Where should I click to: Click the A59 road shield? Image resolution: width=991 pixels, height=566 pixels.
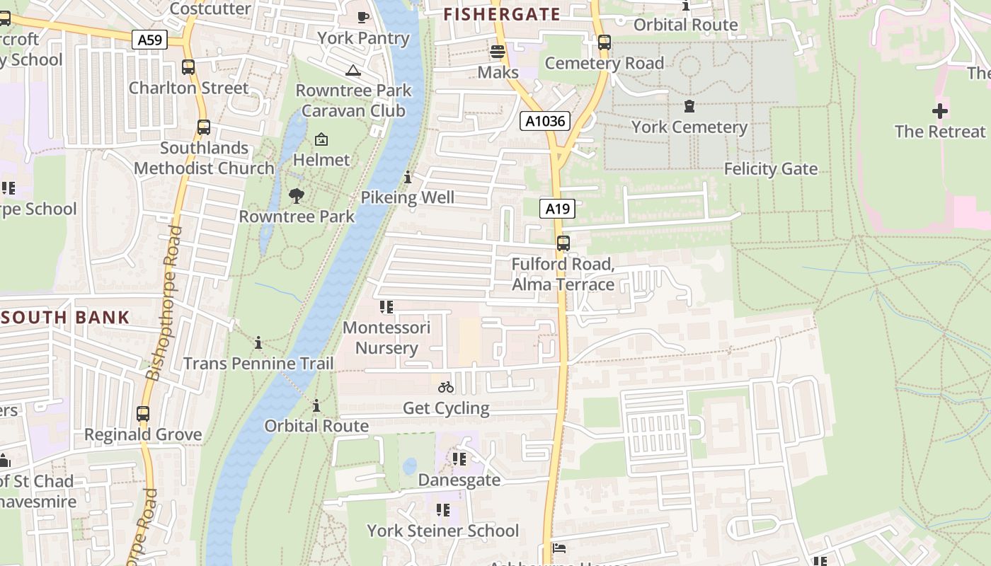coord(149,40)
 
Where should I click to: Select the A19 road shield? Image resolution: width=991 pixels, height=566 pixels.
coord(558,209)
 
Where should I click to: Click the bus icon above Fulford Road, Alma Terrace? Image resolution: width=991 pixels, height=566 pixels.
coord(563,243)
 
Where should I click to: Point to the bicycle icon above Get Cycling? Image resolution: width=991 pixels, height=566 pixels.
coord(446,387)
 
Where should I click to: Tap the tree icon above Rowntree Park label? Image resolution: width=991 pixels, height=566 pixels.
coord(297,195)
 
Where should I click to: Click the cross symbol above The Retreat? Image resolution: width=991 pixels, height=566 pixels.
coord(939,111)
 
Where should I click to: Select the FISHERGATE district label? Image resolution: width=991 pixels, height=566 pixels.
coord(501,14)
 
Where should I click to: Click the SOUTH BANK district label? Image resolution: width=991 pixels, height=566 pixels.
coord(65,318)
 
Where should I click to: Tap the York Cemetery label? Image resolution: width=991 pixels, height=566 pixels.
coord(689,127)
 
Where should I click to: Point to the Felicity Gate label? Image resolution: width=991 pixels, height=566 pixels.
coord(770,169)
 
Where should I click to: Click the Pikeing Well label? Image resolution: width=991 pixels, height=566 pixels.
coord(408,197)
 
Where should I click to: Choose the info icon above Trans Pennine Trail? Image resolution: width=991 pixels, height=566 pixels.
coord(258,343)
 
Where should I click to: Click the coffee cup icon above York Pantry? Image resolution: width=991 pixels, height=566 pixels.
coord(363,17)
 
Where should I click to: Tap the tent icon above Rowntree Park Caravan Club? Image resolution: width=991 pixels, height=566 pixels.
coord(353,70)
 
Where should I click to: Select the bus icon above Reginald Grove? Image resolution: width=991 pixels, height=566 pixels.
coord(143,414)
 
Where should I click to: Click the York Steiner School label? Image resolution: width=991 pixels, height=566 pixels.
coord(442,531)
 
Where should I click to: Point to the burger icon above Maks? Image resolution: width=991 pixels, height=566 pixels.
coord(498,52)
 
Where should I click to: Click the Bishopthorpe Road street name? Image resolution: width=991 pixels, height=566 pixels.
coord(164,304)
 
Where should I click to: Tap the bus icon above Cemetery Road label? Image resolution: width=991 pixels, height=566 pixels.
coord(604,42)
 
